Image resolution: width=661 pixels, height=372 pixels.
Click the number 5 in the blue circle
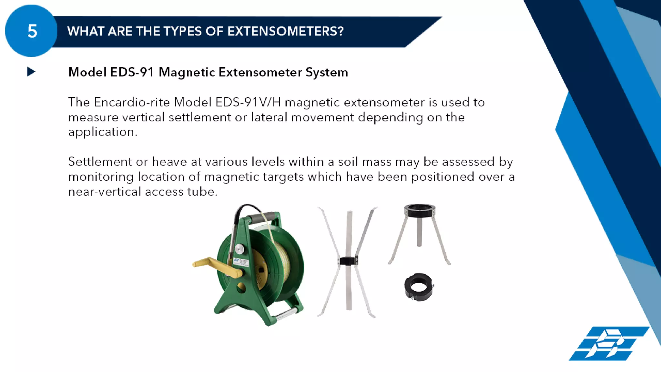(32, 31)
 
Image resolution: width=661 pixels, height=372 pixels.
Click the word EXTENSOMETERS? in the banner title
(285, 31)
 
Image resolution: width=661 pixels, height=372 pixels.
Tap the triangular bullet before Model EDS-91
(31, 72)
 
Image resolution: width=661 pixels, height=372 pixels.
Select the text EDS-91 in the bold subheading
(132, 72)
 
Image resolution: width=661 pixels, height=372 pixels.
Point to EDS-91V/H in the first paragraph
(248, 102)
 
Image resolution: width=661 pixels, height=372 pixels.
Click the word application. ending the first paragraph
(103, 132)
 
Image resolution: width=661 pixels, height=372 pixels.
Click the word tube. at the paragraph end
(202, 192)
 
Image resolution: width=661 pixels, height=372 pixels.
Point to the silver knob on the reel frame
(239, 249)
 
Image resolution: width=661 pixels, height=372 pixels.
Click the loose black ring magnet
(418, 287)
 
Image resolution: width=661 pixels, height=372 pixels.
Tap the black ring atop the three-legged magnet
(419, 210)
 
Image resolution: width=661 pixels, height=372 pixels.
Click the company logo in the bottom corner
(608, 343)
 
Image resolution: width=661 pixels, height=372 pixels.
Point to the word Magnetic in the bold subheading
(187, 72)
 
